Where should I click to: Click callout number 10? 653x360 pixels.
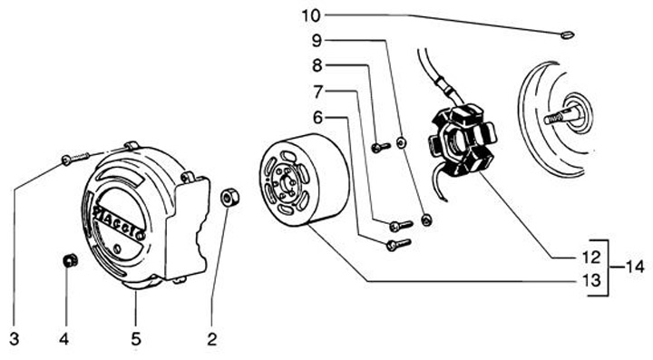click(x=311, y=15)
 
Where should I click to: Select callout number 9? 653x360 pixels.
click(x=317, y=41)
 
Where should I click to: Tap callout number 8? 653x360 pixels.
click(x=317, y=66)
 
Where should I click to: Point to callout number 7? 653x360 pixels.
click(x=318, y=92)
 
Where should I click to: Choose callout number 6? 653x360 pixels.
click(x=317, y=118)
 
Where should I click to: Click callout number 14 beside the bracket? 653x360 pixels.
click(x=635, y=267)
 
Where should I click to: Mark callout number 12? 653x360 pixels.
click(x=591, y=258)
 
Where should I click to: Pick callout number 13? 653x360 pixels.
click(x=591, y=280)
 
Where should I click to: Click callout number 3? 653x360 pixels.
click(x=15, y=339)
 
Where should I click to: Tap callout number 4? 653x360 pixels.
click(x=63, y=339)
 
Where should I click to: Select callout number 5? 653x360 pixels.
click(x=136, y=339)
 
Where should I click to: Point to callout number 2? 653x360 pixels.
click(x=212, y=339)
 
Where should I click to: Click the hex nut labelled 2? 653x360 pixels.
click(x=229, y=198)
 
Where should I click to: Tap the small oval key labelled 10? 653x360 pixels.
click(x=567, y=35)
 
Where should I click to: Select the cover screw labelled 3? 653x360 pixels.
click(x=75, y=159)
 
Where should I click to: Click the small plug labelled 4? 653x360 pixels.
click(x=70, y=261)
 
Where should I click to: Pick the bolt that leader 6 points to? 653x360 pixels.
click(x=398, y=244)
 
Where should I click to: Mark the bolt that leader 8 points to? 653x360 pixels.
click(x=381, y=147)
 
